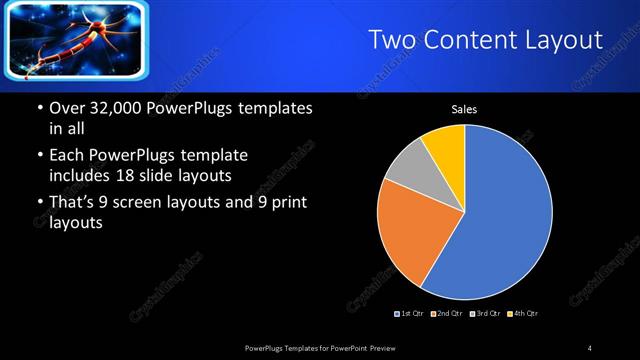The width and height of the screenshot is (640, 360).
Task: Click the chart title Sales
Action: click(464, 110)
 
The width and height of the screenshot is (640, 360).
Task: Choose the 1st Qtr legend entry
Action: click(410, 314)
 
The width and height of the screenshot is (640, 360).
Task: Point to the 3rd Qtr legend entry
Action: click(484, 314)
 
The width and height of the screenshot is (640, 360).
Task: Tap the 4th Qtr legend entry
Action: click(523, 314)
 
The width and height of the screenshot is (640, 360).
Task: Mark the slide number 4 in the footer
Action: click(590, 347)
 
